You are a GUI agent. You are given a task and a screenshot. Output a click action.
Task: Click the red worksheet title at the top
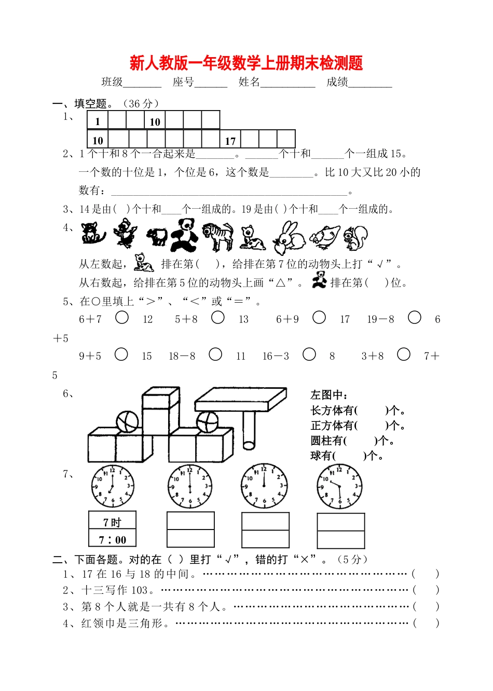[246, 63]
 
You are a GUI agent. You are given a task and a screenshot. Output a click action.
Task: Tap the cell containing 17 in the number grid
[230, 140]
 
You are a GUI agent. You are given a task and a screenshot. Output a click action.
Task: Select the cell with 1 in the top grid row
[98, 121]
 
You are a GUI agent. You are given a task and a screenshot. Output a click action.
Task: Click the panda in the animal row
[184, 235]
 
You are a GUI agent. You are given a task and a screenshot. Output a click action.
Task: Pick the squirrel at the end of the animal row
[356, 237]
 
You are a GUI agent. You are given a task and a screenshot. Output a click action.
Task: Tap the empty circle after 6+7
[122, 317]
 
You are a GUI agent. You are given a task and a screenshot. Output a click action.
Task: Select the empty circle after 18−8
[215, 354]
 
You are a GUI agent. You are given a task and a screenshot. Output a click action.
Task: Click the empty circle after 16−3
[309, 354]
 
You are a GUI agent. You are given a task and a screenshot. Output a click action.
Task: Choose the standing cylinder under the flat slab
[250, 430]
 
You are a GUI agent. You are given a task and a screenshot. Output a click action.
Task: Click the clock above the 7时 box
[112, 486]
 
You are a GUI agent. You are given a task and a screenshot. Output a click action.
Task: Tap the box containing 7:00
[113, 539]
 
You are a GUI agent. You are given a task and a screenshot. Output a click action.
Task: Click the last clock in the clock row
[339, 486]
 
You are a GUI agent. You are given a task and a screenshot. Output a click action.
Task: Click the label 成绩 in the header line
[337, 82]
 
